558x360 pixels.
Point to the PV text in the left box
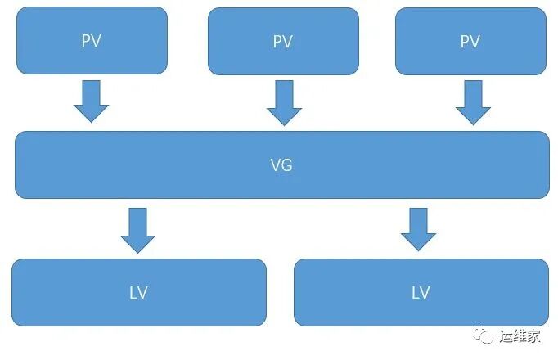pos(92,41)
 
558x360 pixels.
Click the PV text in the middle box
pos(283,43)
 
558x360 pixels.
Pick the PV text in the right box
pos(470,42)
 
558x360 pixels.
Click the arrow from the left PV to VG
pos(92,101)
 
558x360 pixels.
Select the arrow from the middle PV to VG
pos(284,103)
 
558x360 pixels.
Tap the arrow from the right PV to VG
pos(472,103)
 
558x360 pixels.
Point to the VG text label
pos(281,165)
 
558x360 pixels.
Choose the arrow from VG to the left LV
pos(137,230)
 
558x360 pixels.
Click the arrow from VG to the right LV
pos(419,229)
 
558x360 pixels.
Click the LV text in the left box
pos(138,293)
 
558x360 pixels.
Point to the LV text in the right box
pos(421,293)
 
